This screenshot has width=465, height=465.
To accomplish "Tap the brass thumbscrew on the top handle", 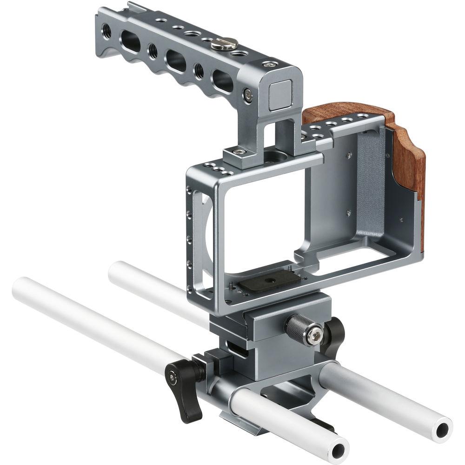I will coord(226,44).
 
